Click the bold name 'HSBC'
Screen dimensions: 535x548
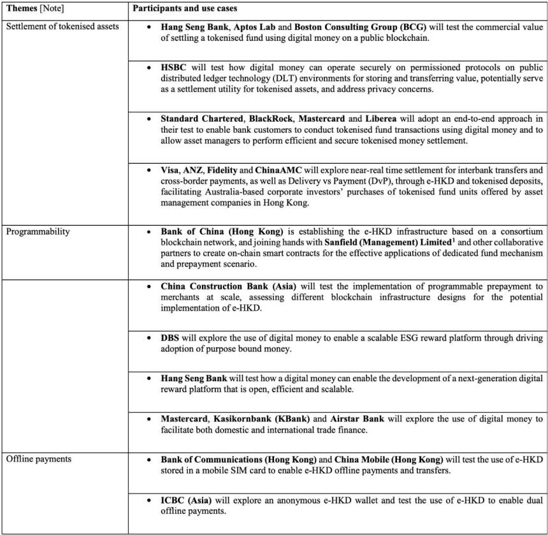[x=175, y=67]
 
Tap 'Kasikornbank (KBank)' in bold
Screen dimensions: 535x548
[x=264, y=419]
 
